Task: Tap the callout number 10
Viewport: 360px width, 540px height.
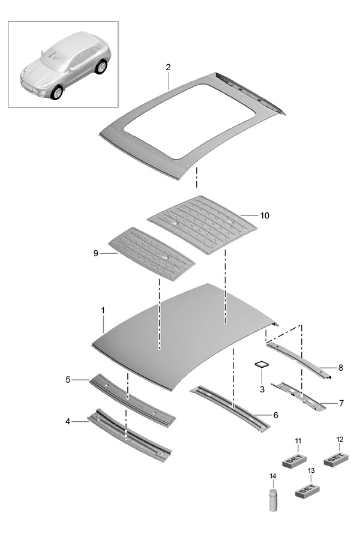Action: point(265,215)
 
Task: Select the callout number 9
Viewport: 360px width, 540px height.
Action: point(95,253)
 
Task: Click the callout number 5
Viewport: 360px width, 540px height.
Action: point(68,379)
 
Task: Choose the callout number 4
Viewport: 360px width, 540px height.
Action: point(68,422)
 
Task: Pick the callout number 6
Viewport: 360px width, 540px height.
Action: point(275,415)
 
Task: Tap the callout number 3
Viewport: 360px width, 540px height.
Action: point(262,389)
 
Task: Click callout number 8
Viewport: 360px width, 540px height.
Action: point(340,367)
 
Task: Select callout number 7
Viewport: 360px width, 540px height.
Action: point(340,403)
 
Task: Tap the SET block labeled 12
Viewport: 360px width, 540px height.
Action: point(336,458)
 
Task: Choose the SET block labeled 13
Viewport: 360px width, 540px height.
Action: point(307,490)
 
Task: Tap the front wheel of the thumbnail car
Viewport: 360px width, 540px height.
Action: point(58,93)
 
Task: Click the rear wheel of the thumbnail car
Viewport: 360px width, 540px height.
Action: point(101,66)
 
